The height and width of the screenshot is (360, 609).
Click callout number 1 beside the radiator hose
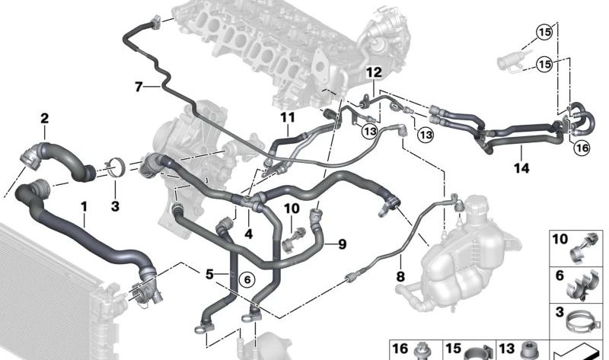point(84,206)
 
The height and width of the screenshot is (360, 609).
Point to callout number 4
point(248,234)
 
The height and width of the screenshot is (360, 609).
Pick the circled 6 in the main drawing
point(246,279)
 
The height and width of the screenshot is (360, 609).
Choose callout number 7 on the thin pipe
point(139,87)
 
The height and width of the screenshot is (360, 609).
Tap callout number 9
point(342,244)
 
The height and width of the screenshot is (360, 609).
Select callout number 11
point(286,118)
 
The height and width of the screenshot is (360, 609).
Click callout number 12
point(373,72)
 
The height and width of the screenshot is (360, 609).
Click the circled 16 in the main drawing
point(582,148)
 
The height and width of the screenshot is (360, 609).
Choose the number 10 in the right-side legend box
point(560,240)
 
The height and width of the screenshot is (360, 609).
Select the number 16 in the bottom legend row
point(400,348)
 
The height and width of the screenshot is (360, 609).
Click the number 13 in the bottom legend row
point(508,348)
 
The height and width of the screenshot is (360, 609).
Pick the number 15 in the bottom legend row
point(454,348)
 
